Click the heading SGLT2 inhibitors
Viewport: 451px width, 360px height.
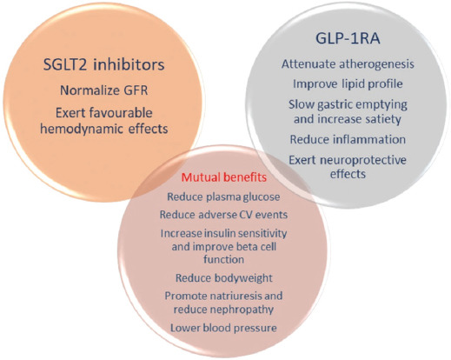click(103, 64)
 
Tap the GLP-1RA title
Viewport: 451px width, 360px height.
click(348, 38)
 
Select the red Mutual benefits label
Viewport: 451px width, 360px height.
click(224, 177)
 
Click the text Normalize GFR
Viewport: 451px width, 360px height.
click(103, 90)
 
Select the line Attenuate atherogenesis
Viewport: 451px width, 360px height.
click(348, 64)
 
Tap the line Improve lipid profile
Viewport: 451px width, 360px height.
click(348, 83)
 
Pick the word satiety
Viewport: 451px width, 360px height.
click(383, 119)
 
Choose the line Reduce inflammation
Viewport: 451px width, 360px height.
click(348, 139)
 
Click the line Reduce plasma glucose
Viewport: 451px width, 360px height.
click(223, 197)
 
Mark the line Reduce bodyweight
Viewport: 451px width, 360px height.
click(224, 278)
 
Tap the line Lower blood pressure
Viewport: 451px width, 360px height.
click(223, 328)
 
